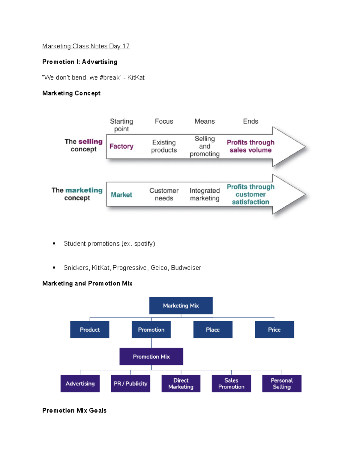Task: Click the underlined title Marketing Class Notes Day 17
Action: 86,46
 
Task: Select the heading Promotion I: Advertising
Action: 80,62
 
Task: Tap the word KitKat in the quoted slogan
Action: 136,77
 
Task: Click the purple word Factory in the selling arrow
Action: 121,146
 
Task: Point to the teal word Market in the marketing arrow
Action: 121,195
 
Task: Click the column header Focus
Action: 164,122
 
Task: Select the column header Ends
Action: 250,122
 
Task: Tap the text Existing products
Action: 164,146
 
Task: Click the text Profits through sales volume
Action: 250,146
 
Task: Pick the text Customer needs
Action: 164,194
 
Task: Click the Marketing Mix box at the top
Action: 181,305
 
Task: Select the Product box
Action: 90,329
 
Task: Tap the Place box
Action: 213,329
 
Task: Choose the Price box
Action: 274,329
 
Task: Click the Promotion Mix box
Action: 151,357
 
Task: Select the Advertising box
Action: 80,384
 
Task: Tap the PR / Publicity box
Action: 130,384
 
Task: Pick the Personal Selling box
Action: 282,384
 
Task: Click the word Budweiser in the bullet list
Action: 186,268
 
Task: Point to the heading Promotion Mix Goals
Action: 74,410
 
